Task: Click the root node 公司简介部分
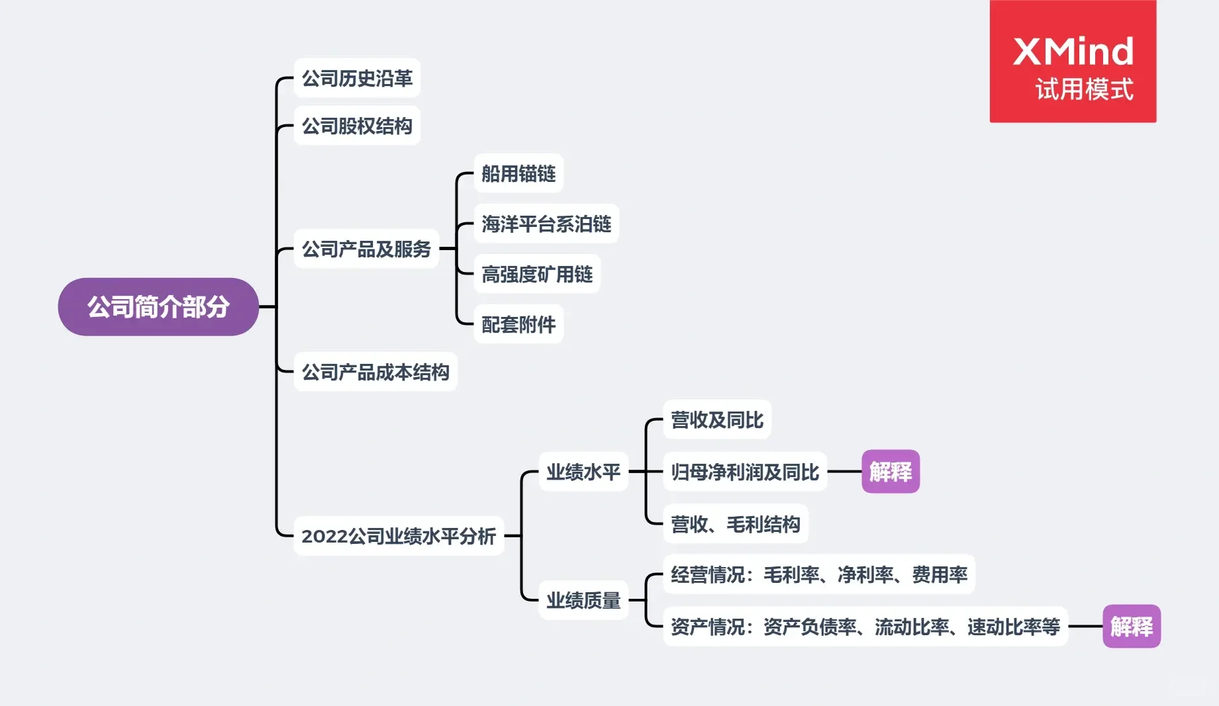pyautogui.click(x=158, y=307)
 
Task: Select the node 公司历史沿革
pyautogui.click(x=357, y=78)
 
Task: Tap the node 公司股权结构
pyautogui.click(x=357, y=126)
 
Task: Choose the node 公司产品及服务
pyautogui.click(x=366, y=249)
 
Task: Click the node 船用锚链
pyautogui.click(x=518, y=173)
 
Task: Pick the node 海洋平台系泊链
pyautogui.click(x=546, y=224)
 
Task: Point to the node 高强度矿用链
pyautogui.click(x=537, y=274)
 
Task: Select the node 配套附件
pyautogui.click(x=518, y=324)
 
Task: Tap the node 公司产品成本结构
pyautogui.click(x=375, y=372)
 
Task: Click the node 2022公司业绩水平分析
pyautogui.click(x=399, y=536)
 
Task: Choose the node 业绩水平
pyautogui.click(x=583, y=472)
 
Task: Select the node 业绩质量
pyautogui.click(x=583, y=600)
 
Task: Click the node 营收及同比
pyautogui.click(x=717, y=419)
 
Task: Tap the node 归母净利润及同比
pyautogui.click(x=745, y=472)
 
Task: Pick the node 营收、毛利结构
pyautogui.click(x=736, y=524)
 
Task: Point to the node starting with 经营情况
pyautogui.click(x=819, y=574)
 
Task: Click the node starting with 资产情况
pyautogui.click(x=865, y=626)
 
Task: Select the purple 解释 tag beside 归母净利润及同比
pyautogui.click(x=891, y=472)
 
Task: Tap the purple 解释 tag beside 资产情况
pyautogui.click(x=1132, y=626)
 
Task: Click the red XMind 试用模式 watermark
pyautogui.click(x=1073, y=62)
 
